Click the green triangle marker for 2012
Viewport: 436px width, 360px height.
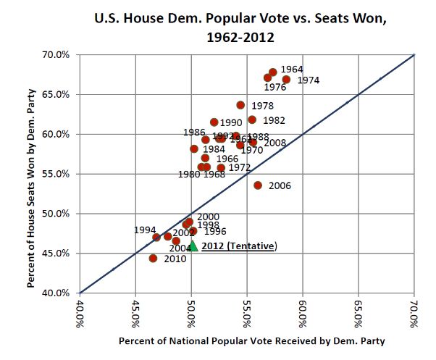(193, 246)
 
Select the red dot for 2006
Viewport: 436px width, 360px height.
(258, 185)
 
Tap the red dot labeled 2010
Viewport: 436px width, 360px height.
(153, 259)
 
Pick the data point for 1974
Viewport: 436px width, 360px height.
(286, 80)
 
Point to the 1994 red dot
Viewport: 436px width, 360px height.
(156, 238)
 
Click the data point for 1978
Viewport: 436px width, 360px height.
(240, 106)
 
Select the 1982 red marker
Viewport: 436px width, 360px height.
(252, 120)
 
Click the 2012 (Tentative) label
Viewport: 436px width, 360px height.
(239, 246)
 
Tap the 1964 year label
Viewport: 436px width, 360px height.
(292, 70)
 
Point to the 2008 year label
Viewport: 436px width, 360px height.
(274, 143)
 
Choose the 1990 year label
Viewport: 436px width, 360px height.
(231, 123)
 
